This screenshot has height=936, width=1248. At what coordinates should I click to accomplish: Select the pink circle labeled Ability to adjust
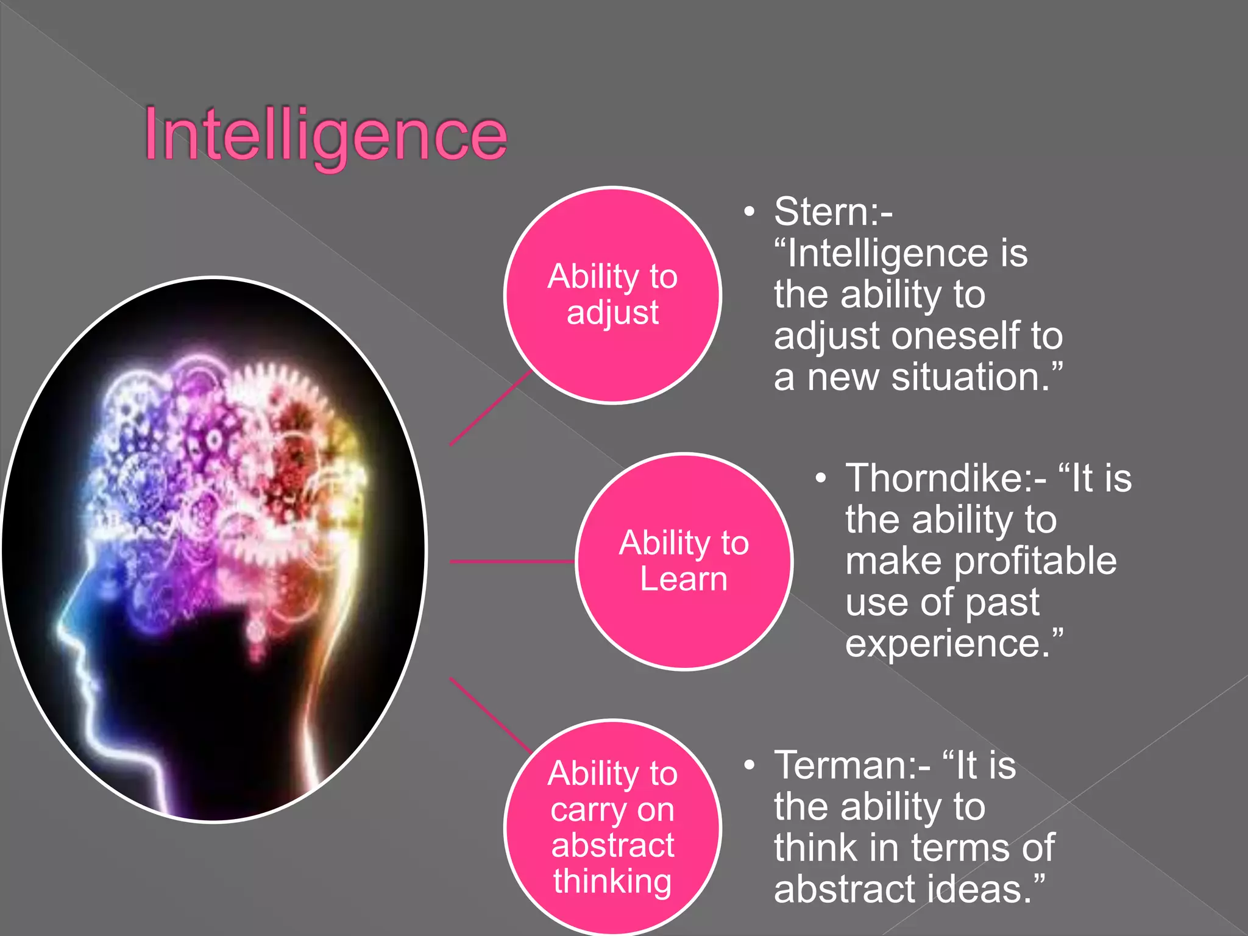pyautogui.click(x=612, y=295)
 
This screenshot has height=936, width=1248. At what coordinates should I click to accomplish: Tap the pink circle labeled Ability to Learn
pyautogui.click(x=684, y=561)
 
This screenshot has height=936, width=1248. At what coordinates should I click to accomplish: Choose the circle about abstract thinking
pyautogui.click(x=612, y=827)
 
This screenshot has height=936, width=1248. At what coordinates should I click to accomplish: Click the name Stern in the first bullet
pyautogui.click(x=822, y=211)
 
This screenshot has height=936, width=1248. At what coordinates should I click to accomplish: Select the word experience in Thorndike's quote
pyautogui.click(x=944, y=643)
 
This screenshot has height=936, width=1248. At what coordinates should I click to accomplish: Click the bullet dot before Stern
pyautogui.click(x=749, y=212)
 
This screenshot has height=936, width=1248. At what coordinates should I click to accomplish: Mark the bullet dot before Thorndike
pyautogui.click(x=821, y=478)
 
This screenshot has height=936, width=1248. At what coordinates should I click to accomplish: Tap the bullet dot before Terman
pyautogui.click(x=749, y=765)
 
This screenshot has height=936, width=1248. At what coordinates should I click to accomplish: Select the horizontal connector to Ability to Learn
pyautogui.click(x=512, y=561)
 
